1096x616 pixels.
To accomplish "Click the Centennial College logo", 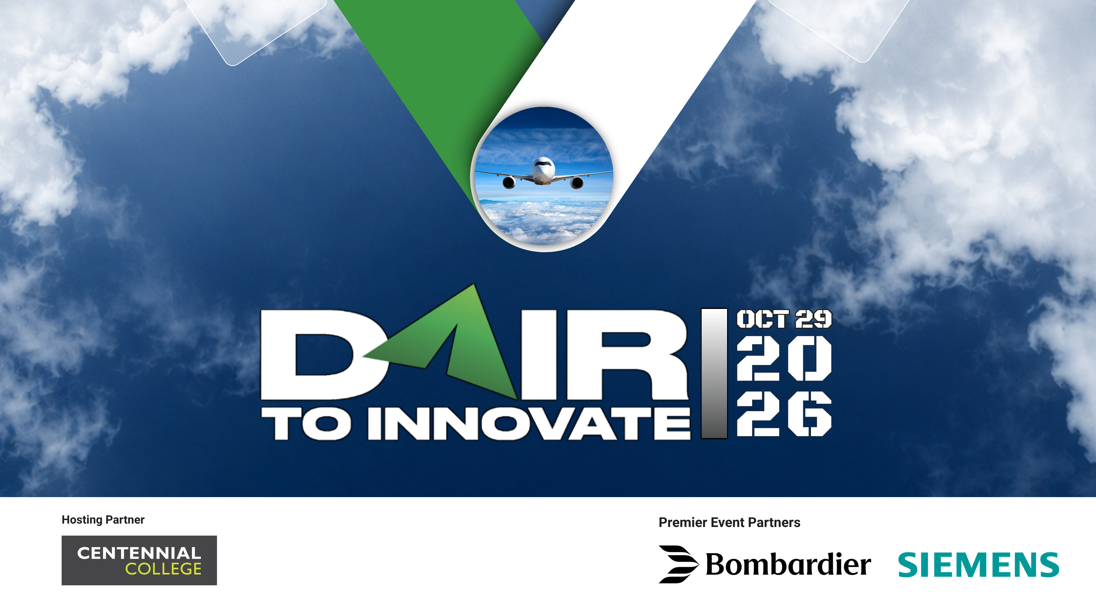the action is pyautogui.click(x=139, y=560).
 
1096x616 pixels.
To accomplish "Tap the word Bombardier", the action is pyautogui.click(x=788, y=564).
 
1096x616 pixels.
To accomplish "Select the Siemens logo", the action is pyautogui.click(x=978, y=565).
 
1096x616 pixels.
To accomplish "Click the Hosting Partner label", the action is pyautogui.click(x=103, y=520).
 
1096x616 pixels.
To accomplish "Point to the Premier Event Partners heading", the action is pyautogui.click(x=729, y=522).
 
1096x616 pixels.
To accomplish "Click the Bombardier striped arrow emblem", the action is pyautogui.click(x=678, y=564).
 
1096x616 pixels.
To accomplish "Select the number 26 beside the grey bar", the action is pyautogui.click(x=784, y=414).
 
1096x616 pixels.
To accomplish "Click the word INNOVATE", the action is pyautogui.click(x=529, y=423).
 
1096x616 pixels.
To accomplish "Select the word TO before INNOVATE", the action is pyautogui.click(x=306, y=423).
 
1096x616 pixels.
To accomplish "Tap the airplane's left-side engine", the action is pyautogui.click(x=509, y=182).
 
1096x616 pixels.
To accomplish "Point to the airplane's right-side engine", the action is pyautogui.click(x=577, y=183).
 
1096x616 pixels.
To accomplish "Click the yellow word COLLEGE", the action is pyautogui.click(x=163, y=569).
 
